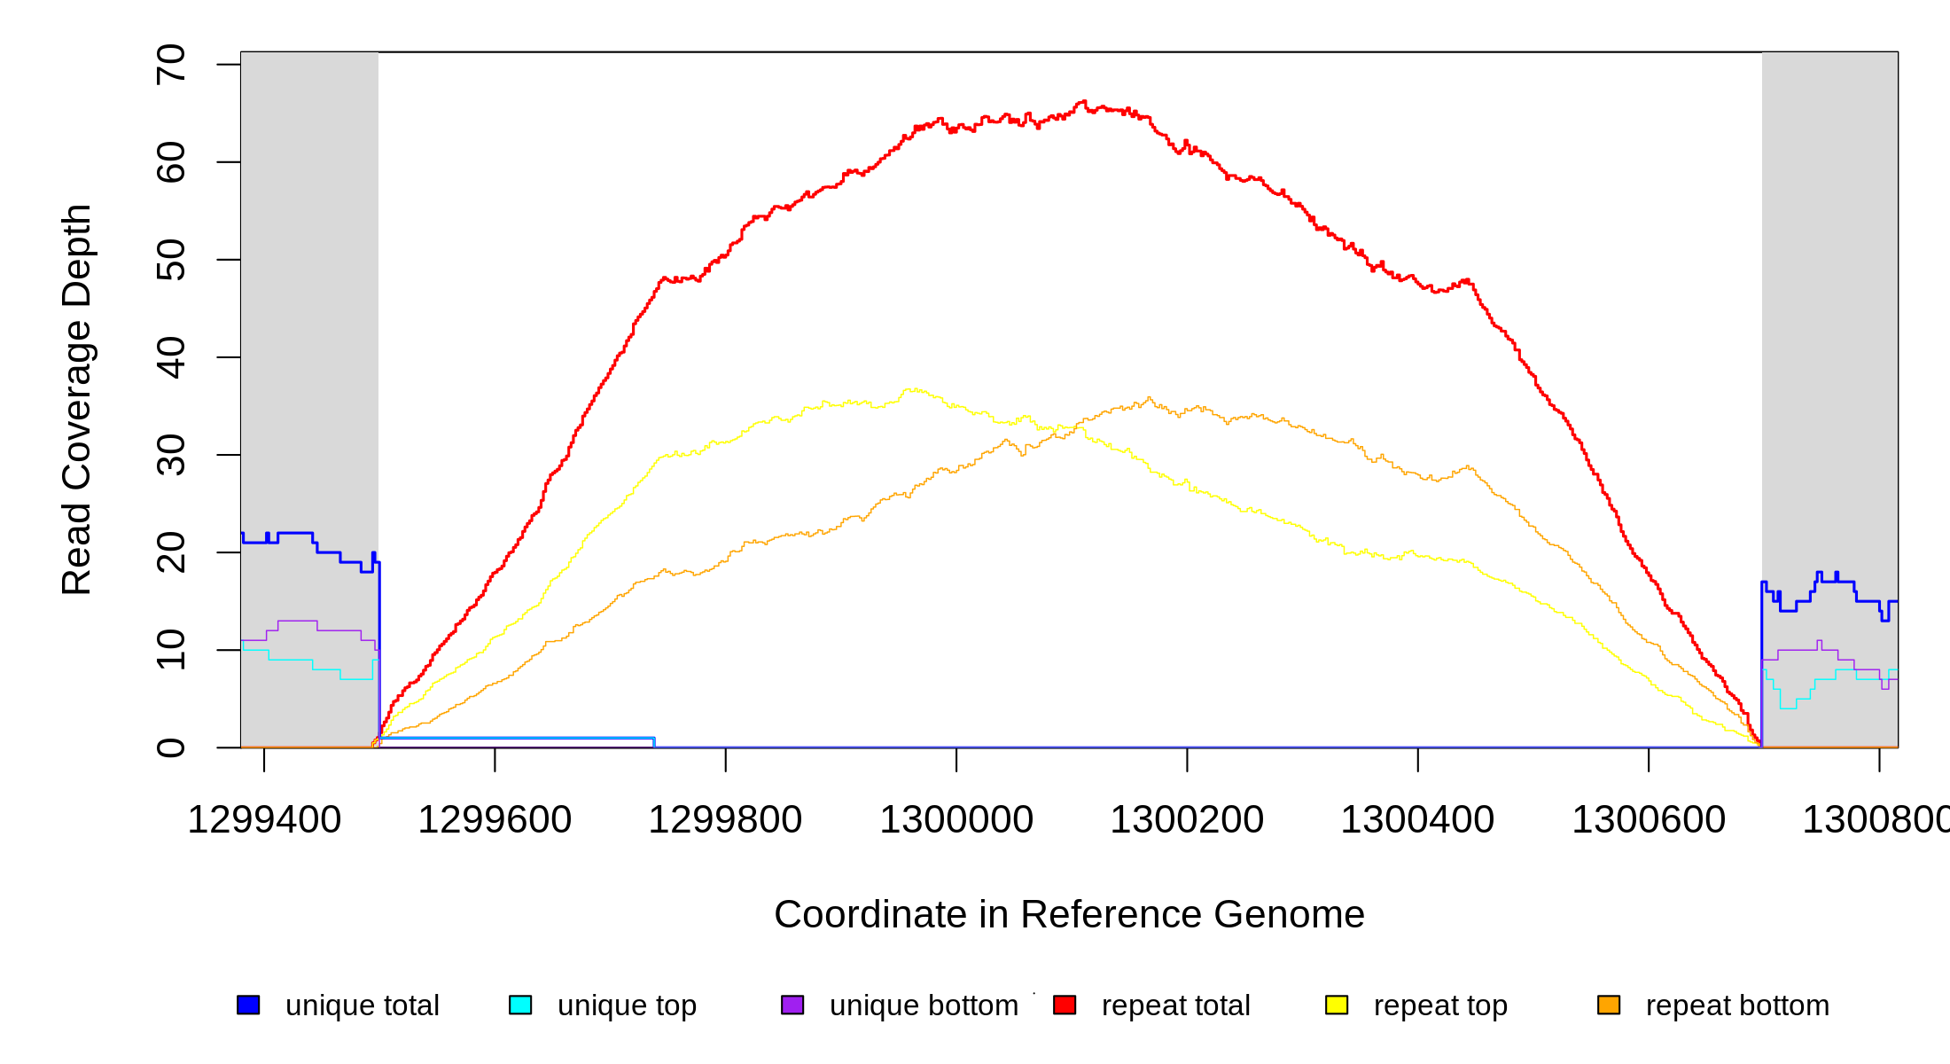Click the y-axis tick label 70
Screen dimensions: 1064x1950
tap(170, 65)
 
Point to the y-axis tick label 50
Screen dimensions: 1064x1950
tap(170, 260)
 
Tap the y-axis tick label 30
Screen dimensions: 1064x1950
tap(170, 455)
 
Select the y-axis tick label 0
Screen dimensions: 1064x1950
tap(170, 747)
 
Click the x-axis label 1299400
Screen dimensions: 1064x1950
tap(264, 820)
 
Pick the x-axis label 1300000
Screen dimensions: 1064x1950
tap(956, 820)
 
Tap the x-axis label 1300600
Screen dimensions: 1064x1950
tap(1649, 820)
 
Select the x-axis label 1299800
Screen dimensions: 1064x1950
tap(725, 820)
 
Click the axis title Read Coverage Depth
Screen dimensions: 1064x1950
tap(77, 399)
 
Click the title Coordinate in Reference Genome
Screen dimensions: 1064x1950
tap(1069, 915)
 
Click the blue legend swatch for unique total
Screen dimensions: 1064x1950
tap(248, 1005)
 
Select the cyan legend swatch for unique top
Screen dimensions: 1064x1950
tap(520, 1005)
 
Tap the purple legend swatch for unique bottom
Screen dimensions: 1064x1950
tap(792, 1005)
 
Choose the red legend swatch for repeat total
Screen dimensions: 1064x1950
tap(1065, 1005)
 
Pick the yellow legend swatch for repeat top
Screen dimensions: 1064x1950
tap(1337, 1005)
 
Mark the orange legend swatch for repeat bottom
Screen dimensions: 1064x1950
tap(1609, 1005)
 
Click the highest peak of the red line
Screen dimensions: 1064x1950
tap(1082, 102)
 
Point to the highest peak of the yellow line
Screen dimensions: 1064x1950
tap(911, 388)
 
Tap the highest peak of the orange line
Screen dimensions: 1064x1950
tap(1150, 398)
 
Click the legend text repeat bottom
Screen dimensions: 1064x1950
tap(1737, 1005)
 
